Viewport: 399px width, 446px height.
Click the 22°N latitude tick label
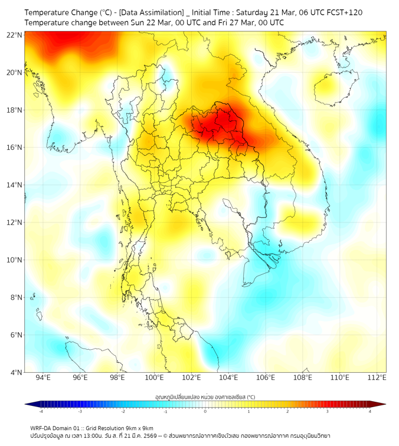pyautogui.click(x=15, y=35)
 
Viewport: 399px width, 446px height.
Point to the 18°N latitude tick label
pyautogui.click(x=15, y=110)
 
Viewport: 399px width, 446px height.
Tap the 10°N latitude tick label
pyautogui.click(x=15, y=260)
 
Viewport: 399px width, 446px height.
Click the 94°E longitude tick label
pyautogui.click(x=43, y=378)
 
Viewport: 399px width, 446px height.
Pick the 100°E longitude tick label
pyautogui.click(x=154, y=378)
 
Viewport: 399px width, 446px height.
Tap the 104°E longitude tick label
pyautogui.click(x=228, y=378)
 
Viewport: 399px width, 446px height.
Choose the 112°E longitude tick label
pyautogui.click(x=377, y=378)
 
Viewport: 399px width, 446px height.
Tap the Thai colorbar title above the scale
pyautogui.click(x=205, y=396)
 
